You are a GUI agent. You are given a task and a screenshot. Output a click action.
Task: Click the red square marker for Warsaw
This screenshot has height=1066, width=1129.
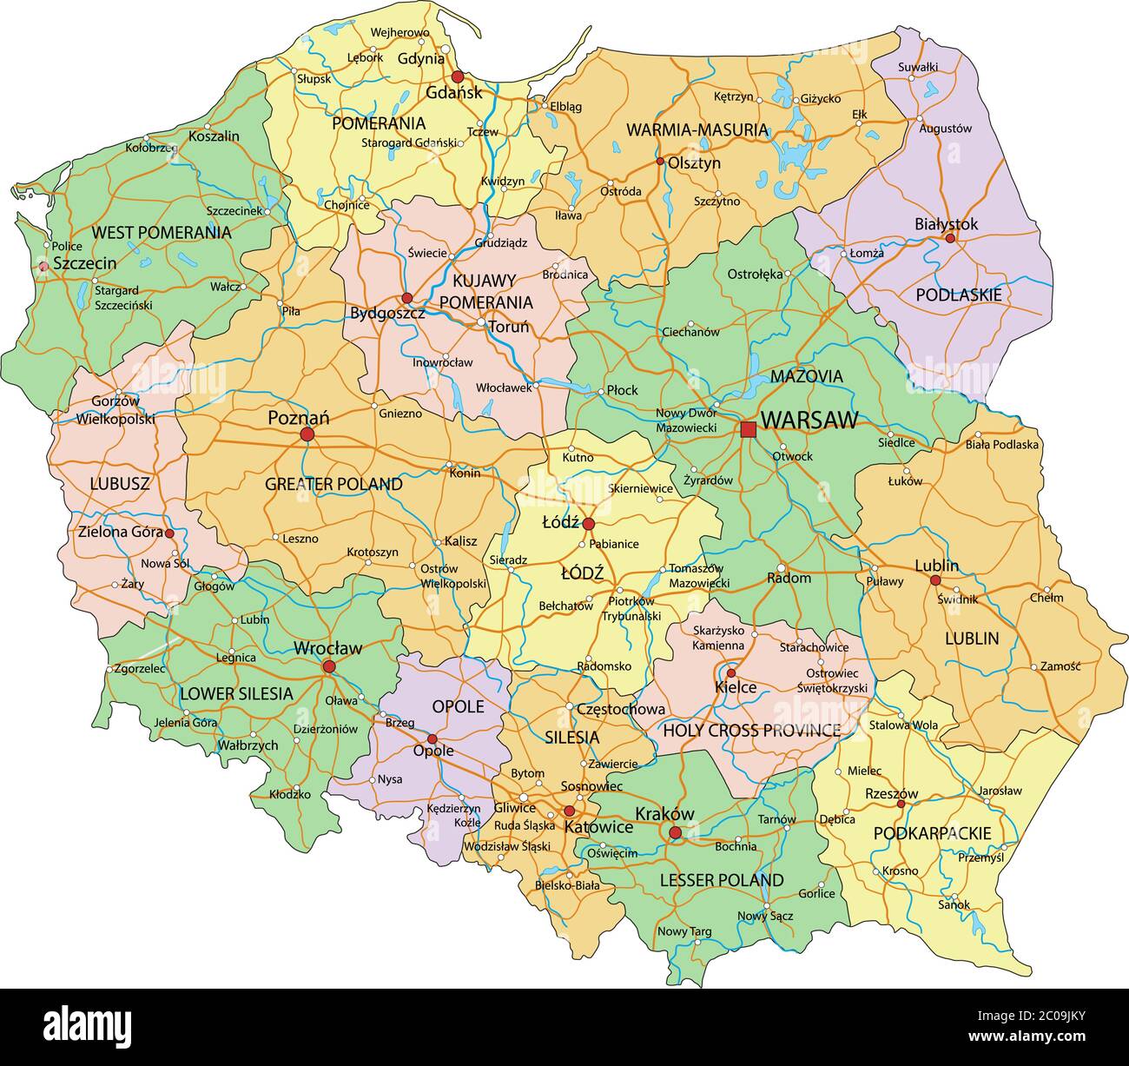coord(748,429)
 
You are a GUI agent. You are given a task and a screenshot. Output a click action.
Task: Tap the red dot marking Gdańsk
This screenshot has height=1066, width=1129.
coord(458,76)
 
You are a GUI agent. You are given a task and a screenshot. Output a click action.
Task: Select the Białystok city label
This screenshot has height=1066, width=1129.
coord(946,223)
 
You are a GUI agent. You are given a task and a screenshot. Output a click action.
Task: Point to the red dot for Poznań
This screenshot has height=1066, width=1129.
coord(307,434)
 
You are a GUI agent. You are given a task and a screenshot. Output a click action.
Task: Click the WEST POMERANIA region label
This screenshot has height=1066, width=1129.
coord(162,232)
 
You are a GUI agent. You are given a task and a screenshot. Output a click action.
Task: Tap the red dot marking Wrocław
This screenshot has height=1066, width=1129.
coord(329,666)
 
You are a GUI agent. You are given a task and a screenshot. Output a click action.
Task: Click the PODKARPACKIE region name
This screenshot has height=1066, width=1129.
coord(932,833)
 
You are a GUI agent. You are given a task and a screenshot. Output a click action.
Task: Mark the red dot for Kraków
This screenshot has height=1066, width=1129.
coord(675,832)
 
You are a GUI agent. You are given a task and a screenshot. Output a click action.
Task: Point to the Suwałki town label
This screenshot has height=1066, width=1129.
coord(918,66)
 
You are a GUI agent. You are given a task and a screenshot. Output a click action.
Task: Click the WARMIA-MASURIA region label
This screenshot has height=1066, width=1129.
coord(697,130)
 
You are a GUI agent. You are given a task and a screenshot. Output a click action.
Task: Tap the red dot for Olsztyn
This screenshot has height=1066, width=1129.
coord(660,162)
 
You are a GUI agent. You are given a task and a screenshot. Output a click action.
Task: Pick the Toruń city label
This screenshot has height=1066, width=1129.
coord(509,328)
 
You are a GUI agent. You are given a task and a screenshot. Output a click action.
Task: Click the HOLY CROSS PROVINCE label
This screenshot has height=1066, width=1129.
coord(751,731)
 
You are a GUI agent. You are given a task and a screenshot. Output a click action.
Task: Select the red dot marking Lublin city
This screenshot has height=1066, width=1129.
coord(935,580)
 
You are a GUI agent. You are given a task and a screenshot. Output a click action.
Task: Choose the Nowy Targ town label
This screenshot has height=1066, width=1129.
coord(684,931)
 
